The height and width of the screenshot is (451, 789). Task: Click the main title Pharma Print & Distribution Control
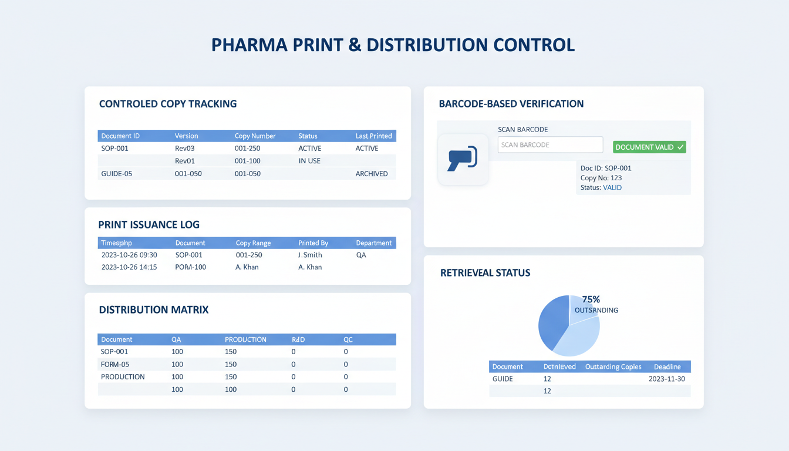(x=393, y=45)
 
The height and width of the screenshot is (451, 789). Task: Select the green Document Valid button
(x=649, y=147)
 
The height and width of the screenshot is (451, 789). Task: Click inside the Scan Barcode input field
(x=550, y=145)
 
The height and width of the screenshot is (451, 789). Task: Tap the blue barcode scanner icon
(x=463, y=159)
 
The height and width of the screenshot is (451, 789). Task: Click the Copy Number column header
(x=255, y=136)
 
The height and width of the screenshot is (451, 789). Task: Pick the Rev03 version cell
(x=185, y=149)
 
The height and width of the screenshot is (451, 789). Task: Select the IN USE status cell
(x=309, y=161)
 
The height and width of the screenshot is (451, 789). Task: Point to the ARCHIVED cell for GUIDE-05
(x=372, y=174)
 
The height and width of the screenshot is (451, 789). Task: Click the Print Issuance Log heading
(x=149, y=224)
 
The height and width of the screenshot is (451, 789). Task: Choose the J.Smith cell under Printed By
(x=310, y=255)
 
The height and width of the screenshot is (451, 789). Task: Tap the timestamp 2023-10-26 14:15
(x=129, y=267)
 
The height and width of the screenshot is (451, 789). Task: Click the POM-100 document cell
(x=191, y=267)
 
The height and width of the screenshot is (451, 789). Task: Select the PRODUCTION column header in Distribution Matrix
(x=245, y=339)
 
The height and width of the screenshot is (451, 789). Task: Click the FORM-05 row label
(x=115, y=365)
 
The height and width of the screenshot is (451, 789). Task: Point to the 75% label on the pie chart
(x=591, y=299)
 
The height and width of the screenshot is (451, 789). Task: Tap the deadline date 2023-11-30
(x=667, y=379)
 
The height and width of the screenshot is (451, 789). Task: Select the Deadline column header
(x=667, y=366)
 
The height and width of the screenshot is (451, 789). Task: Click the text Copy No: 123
(x=601, y=178)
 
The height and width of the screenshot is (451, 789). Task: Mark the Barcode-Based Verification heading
(x=511, y=104)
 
